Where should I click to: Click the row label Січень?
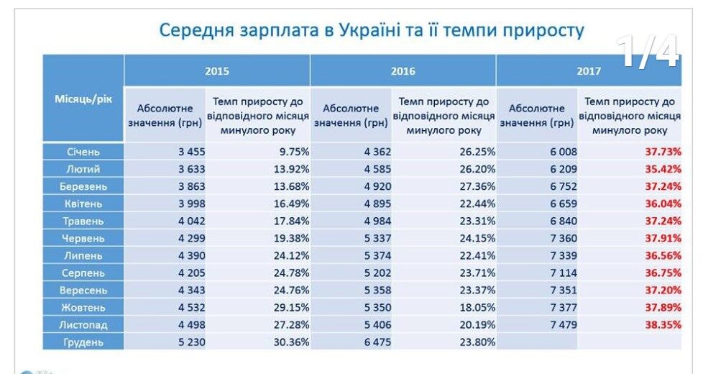pyautogui.click(x=83, y=152)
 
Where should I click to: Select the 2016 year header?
pyautogui.click(x=403, y=71)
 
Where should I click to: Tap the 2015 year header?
pyautogui.click(x=217, y=71)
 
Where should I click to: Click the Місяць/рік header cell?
pyautogui.click(x=83, y=98)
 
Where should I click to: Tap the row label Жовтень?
pyautogui.click(x=83, y=308)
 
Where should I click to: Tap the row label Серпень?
pyautogui.click(x=83, y=273)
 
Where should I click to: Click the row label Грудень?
pyautogui.click(x=83, y=342)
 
